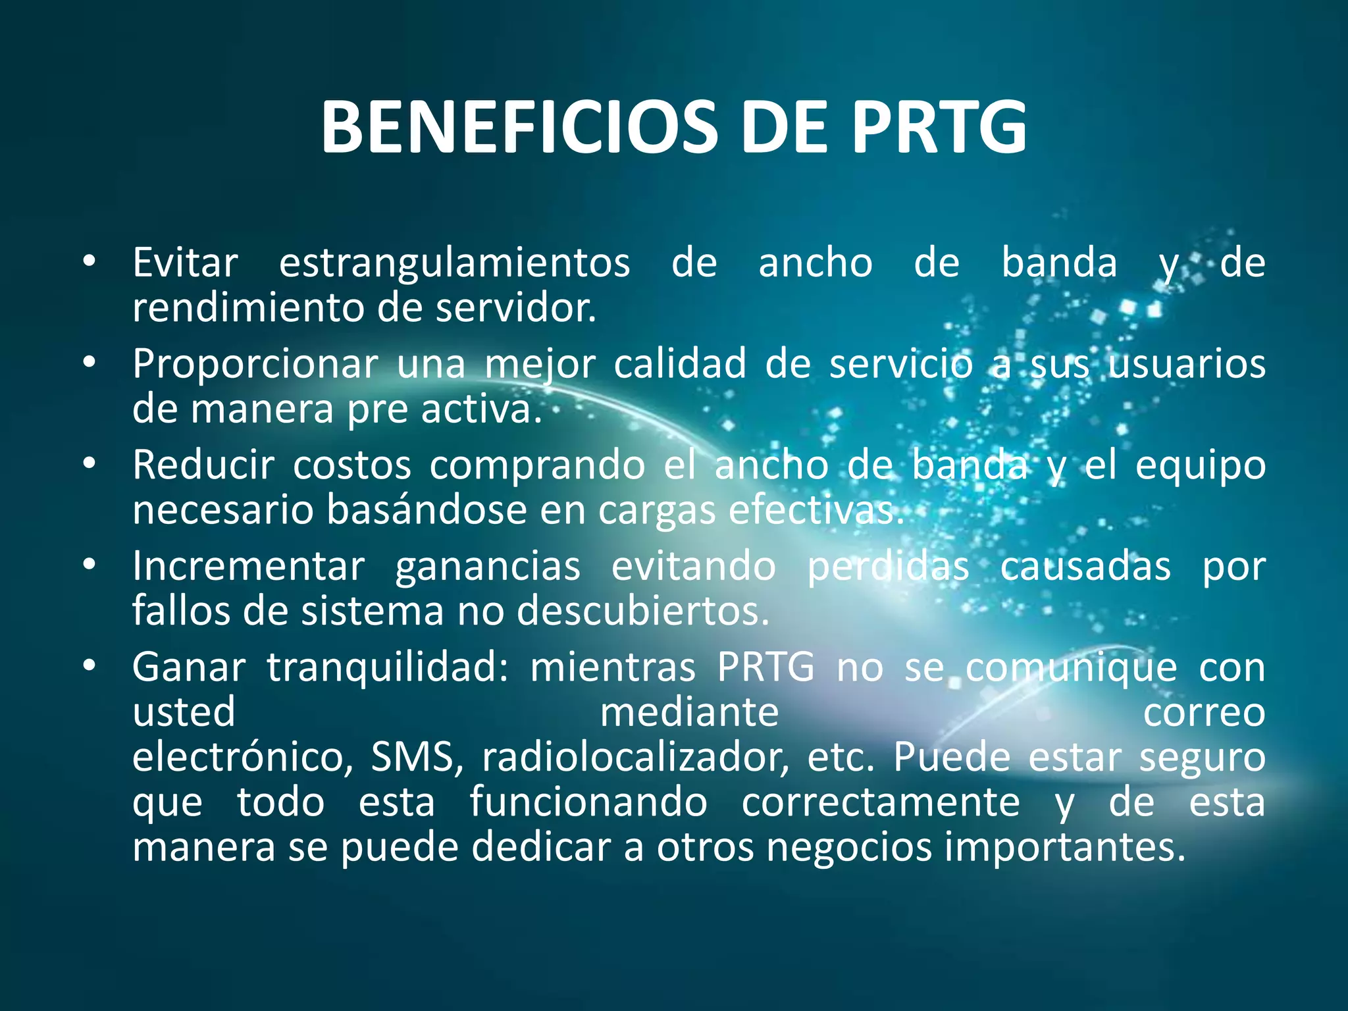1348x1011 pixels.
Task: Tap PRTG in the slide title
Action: pyautogui.click(x=939, y=128)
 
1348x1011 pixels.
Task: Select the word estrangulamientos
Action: pyautogui.click(x=454, y=263)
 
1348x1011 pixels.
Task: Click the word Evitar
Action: pyautogui.click(x=185, y=263)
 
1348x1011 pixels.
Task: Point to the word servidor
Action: pyautogui.click(x=515, y=308)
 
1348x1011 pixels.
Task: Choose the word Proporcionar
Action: pyautogui.click(x=255, y=364)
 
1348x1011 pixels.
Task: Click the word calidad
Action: pyautogui.click(x=680, y=364)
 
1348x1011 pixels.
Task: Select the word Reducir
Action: pyautogui.click(x=203, y=465)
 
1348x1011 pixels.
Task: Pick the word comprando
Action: pyautogui.click(x=537, y=466)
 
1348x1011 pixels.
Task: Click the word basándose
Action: pyautogui.click(x=427, y=510)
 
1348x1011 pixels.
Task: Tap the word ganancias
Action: pyautogui.click(x=488, y=567)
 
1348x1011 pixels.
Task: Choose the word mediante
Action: pyautogui.click(x=689, y=712)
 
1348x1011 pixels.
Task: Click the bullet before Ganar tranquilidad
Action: pyautogui.click(x=90, y=666)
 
